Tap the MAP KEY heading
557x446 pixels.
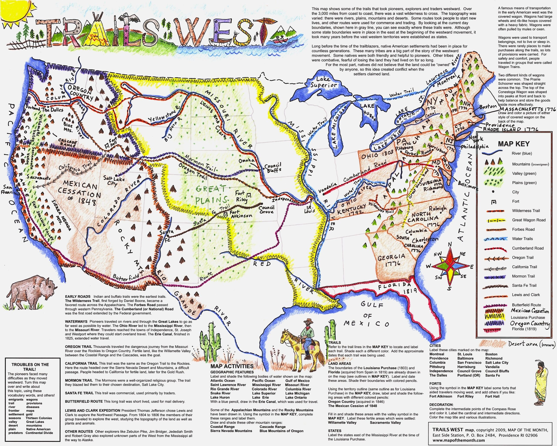[514, 144]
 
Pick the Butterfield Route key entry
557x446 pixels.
[526, 305]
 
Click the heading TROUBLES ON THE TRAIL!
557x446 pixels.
[30, 367]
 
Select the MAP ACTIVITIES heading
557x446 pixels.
[232, 366]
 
